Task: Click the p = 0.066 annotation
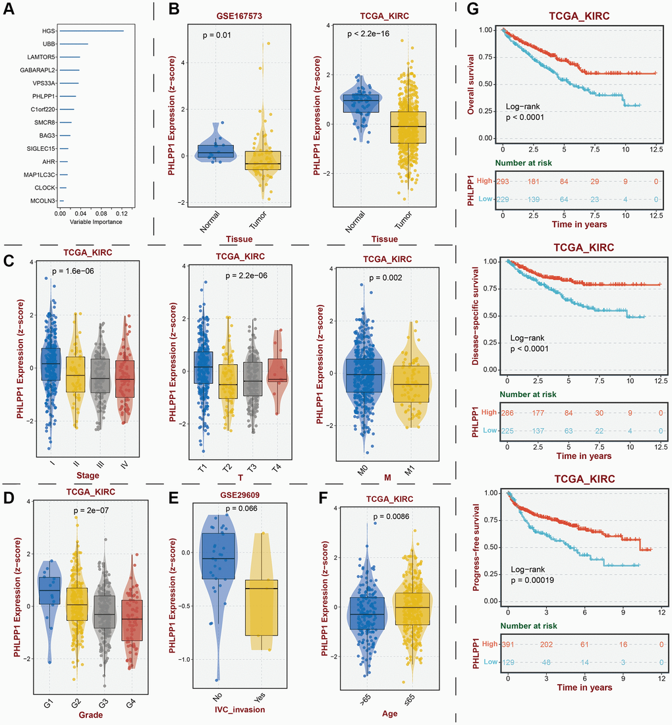tap(242, 508)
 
